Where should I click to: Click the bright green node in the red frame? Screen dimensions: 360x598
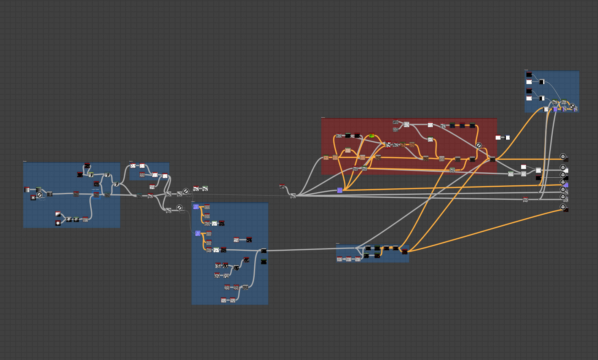(372, 135)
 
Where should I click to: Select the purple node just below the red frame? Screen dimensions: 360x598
(340, 190)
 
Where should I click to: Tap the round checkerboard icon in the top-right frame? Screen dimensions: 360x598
(572, 106)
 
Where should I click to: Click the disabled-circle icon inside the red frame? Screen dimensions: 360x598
(479, 145)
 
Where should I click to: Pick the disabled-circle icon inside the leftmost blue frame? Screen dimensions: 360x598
(39, 194)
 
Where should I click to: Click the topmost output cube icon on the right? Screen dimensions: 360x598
(563, 156)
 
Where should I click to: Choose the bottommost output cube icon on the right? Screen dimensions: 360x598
(563, 207)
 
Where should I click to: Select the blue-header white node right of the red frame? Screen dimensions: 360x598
(507, 137)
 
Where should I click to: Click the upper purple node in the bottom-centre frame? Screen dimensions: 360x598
(196, 207)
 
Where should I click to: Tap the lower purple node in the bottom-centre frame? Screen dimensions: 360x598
(198, 233)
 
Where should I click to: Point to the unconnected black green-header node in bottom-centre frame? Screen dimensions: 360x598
(264, 261)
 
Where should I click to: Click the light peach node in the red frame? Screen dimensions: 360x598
(348, 150)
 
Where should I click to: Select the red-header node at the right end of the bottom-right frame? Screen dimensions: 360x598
(405, 251)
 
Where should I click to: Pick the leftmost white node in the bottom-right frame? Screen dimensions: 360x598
(340, 259)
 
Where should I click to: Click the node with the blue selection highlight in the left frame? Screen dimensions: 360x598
(96, 194)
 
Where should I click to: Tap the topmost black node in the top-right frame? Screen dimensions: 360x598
(529, 75)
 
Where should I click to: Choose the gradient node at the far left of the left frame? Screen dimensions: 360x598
(27, 190)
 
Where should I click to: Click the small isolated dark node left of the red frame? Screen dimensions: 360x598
(282, 186)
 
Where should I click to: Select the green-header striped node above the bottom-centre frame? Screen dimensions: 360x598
(205, 188)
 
